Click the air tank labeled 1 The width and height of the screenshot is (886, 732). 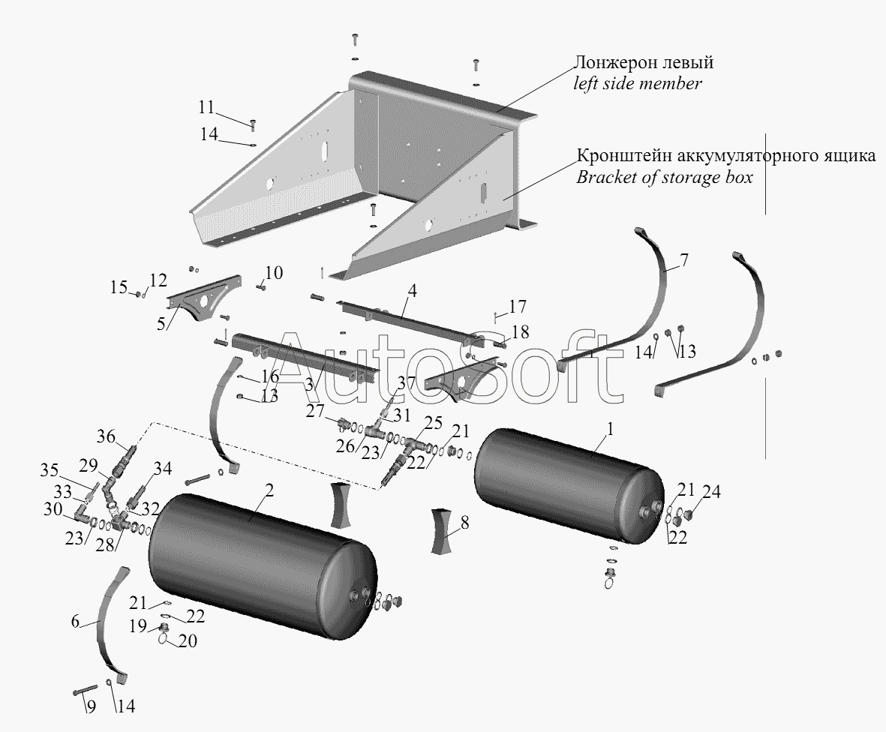click(569, 487)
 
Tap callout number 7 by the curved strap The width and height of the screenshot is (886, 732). click(683, 261)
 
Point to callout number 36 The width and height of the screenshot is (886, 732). click(106, 437)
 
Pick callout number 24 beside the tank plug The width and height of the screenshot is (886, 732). click(711, 492)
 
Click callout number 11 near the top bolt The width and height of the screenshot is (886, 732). click(206, 106)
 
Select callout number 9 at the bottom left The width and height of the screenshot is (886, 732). click(91, 706)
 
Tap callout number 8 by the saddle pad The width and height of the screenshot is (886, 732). click(464, 523)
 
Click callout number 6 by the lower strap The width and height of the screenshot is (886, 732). click(76, 621)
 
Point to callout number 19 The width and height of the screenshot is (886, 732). click(139, 625)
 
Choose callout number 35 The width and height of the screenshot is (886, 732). click(50, 470)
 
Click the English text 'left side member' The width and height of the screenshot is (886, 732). click(638, 84)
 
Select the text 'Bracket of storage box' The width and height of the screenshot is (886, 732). click(665, 177)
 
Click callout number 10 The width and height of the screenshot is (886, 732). click(274, 273)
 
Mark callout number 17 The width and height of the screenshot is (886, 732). click(518, 307)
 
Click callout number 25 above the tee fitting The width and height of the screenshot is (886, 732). click(434, 423)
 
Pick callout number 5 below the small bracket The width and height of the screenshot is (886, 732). click(161, 324)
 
